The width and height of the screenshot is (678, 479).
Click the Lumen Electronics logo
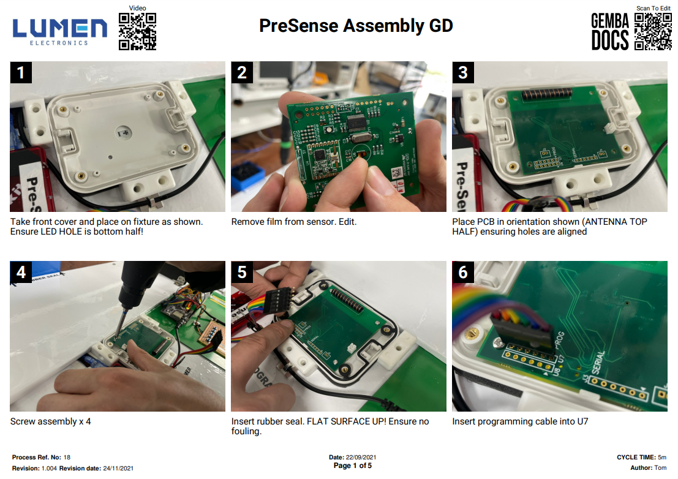pyautogui.click(x=59, y=32)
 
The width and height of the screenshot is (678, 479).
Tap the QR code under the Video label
pyautogui.click(x=138, y=32)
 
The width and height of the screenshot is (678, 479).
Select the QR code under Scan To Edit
pyautogui.click(x=653, y=32)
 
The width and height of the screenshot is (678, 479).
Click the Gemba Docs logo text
pyautogui.click(x=610, y=32)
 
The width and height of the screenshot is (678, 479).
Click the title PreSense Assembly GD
pyautogui.click(x=356, y=26)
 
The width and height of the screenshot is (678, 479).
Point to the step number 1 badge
pyautogui.click(x=21, y=72)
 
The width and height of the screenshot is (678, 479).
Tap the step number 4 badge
pyautogui.click(x=21, y=272)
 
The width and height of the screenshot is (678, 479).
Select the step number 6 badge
pyautogui.click(x=463, y=272)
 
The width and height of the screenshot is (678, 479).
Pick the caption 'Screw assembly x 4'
pyautogui.click(x=51, y=421)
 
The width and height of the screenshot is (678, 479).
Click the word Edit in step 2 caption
pyautogui.click(x=348, y=222)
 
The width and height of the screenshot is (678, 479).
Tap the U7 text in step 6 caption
pyautogui.click(x=582, y=421)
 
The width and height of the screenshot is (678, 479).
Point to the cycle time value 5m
pyautogui.click(x=662, y=458)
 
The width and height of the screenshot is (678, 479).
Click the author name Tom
pyautogui.click(x=660, y=468)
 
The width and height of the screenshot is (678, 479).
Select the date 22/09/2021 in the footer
pyautogui.click(x=361, y=458)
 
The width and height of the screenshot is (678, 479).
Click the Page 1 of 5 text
pyautogui.click(x=352, y=466)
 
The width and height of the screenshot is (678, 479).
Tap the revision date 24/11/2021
pyautogui.click(x=118, y=468)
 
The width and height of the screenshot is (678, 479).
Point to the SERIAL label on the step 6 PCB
pyautogui.click(x=598, y=362)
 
